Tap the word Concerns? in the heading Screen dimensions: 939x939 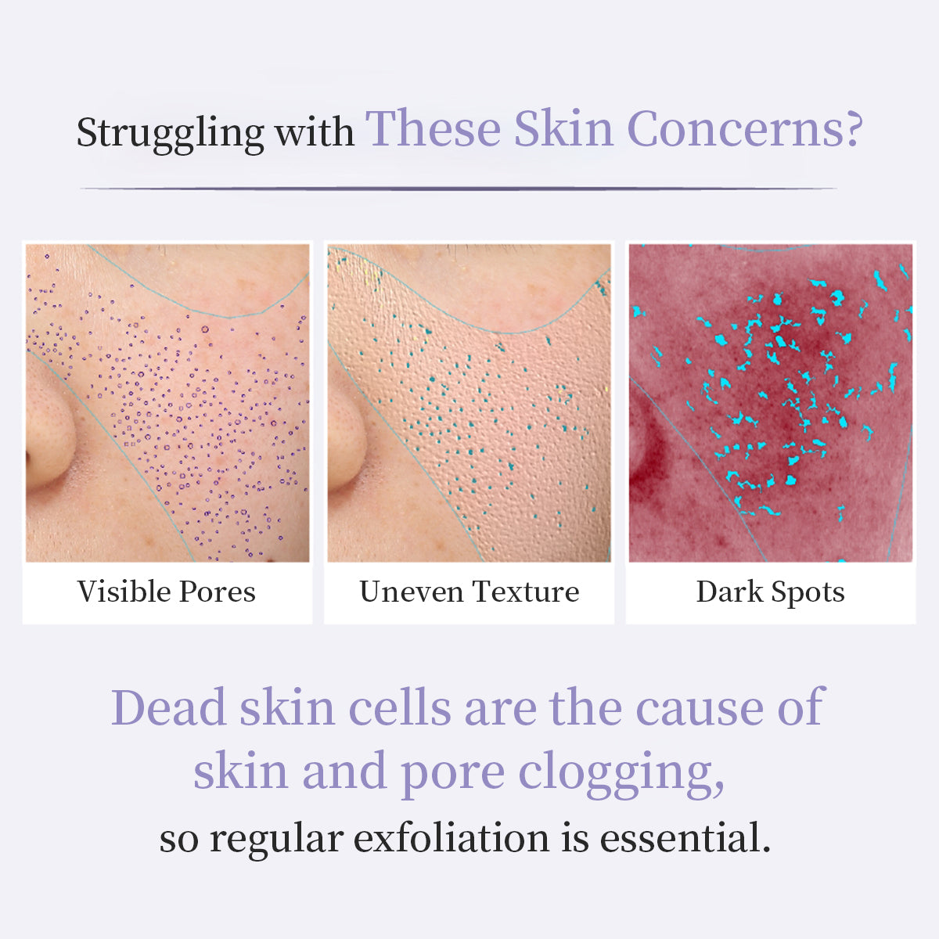745,129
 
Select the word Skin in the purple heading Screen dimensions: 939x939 563,128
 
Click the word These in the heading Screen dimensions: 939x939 434,128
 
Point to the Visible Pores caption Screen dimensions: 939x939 166,592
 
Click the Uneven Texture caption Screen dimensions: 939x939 469,592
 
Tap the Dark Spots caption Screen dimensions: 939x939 771,593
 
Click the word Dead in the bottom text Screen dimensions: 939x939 168,707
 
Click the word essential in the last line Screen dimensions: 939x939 685,838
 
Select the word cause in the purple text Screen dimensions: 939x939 700,711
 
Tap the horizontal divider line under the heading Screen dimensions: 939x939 459,188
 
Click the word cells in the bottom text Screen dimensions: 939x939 400,707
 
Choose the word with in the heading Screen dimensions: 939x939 315,131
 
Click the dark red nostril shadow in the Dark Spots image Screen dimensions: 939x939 644,463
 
